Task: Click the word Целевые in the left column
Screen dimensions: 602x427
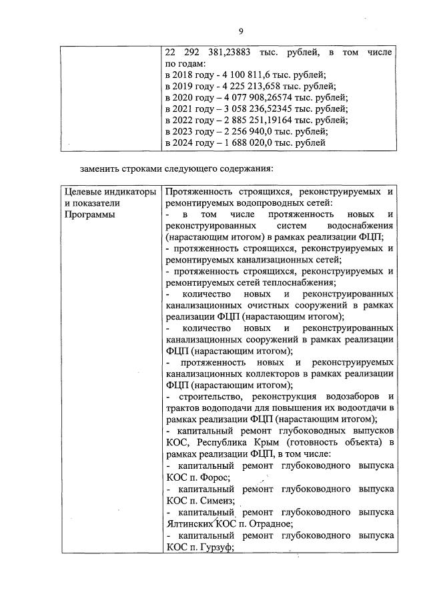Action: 84,191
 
